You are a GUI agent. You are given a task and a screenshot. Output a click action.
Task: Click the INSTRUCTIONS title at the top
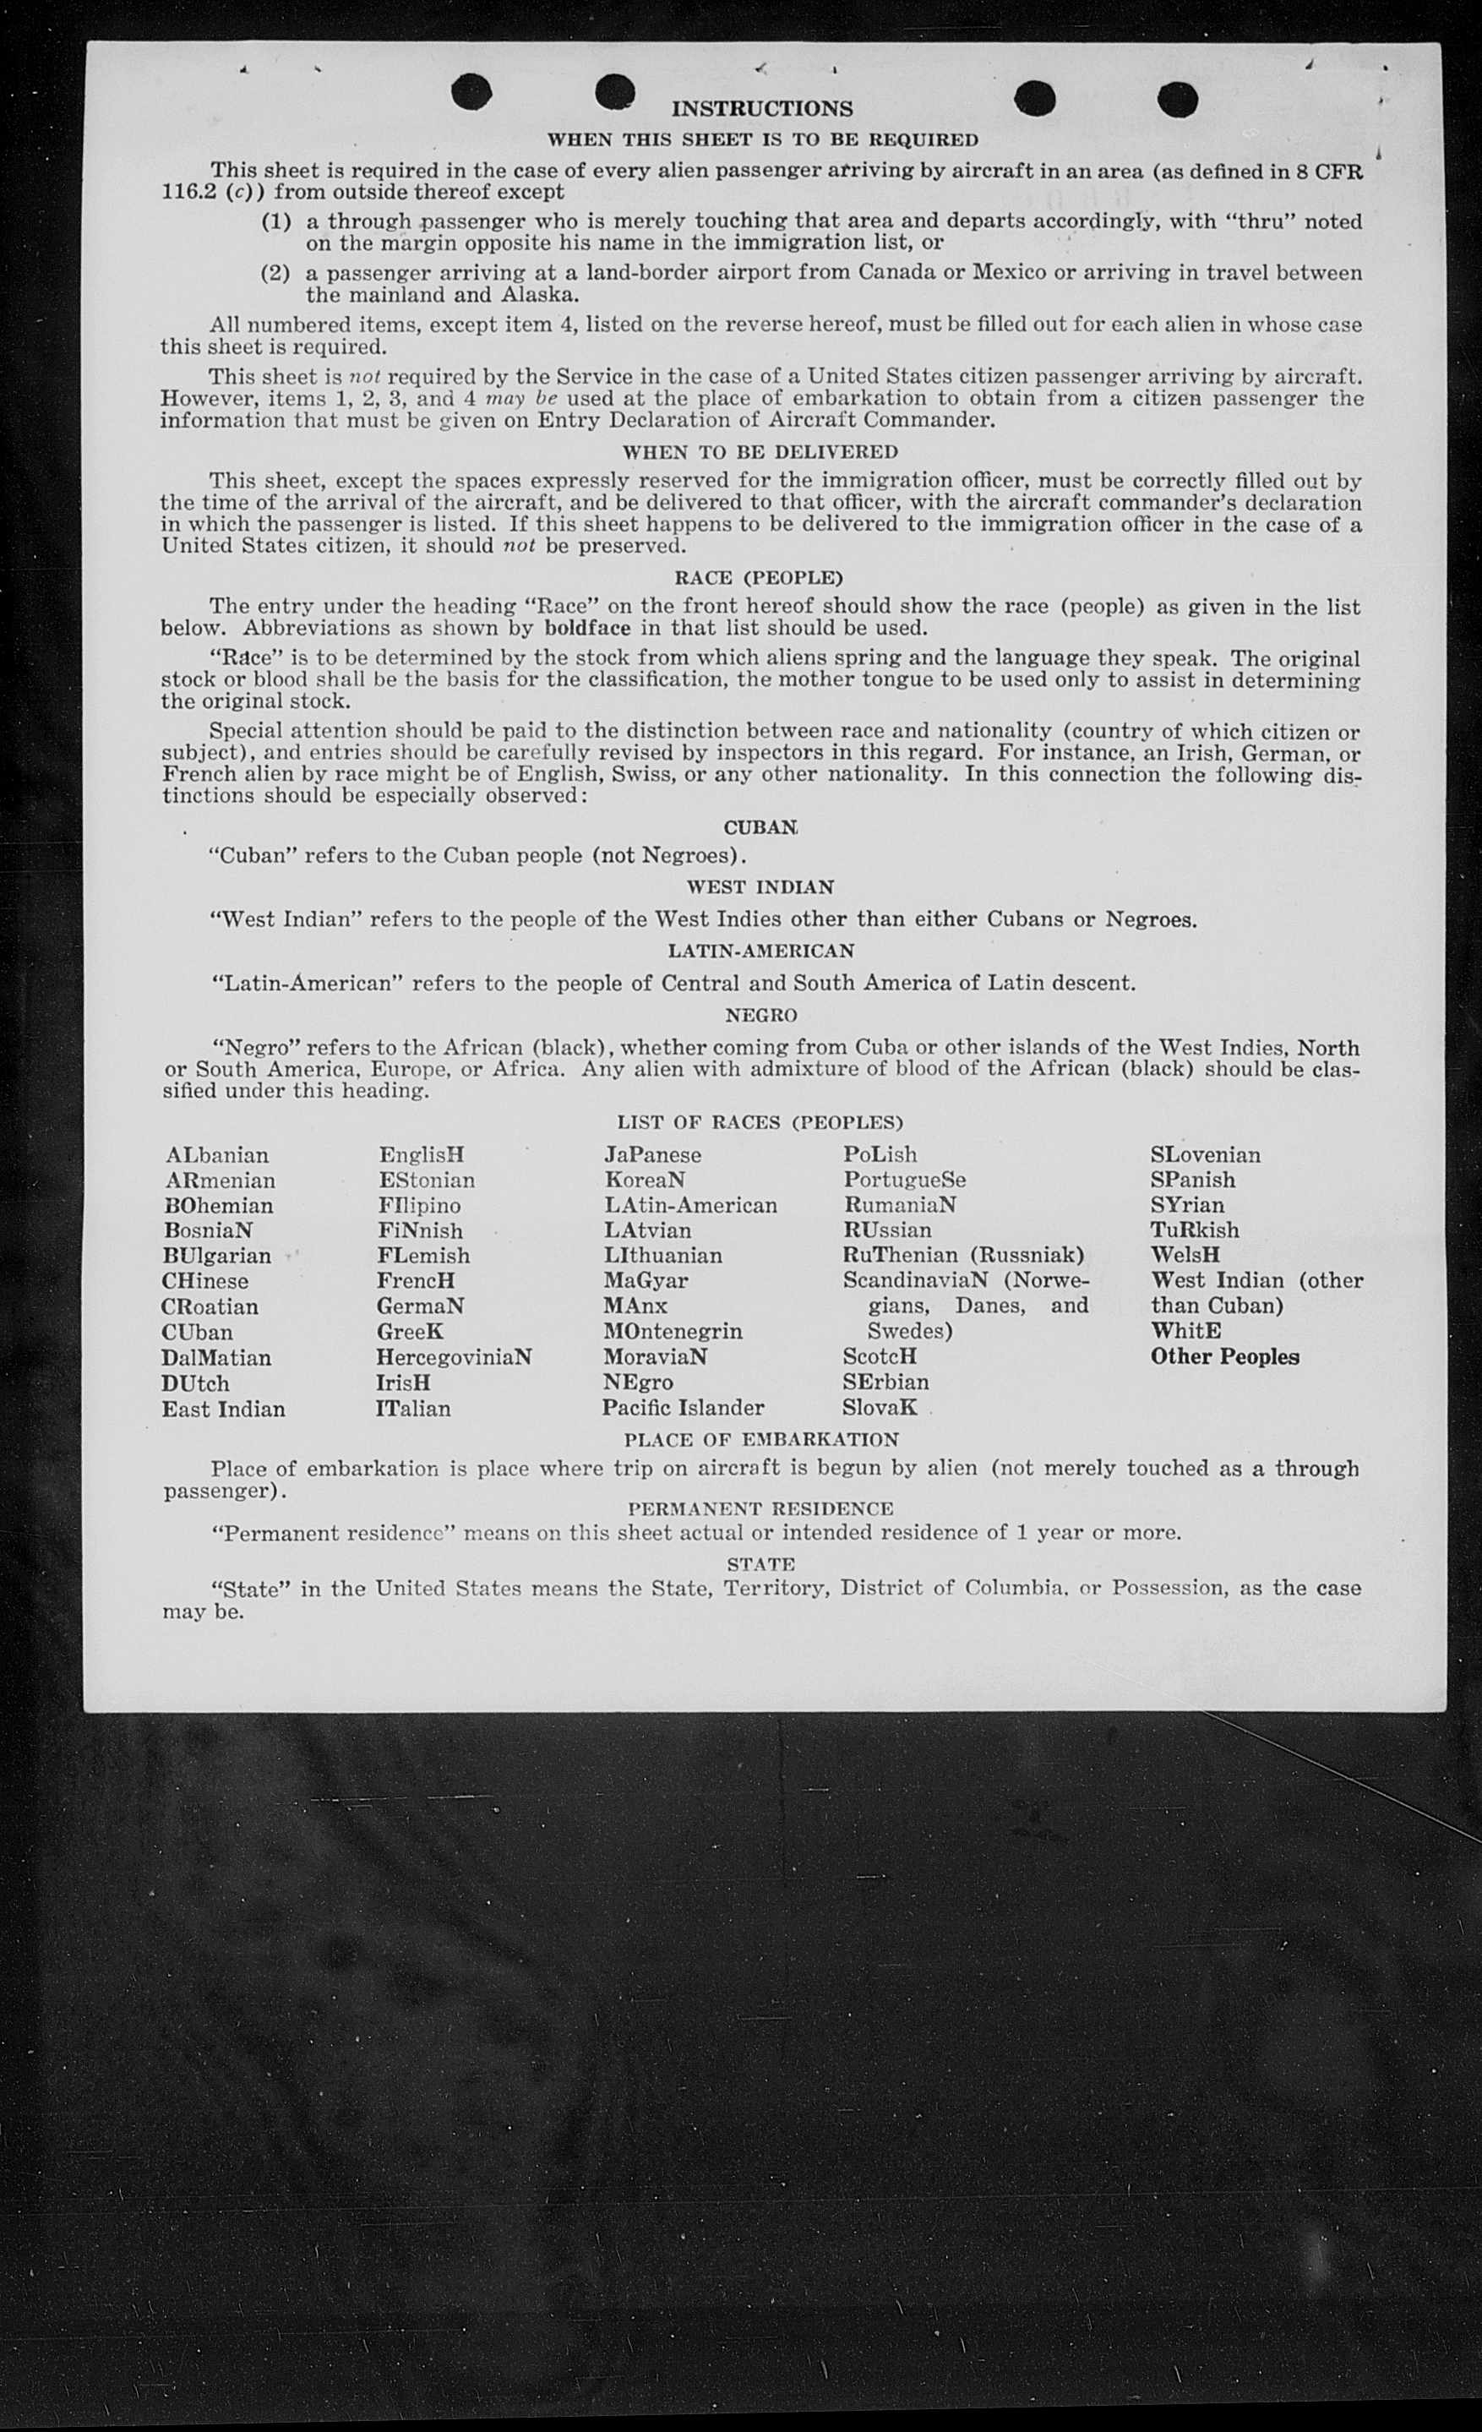click(762, 108)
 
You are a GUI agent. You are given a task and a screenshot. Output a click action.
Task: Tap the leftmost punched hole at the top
click(471, 92)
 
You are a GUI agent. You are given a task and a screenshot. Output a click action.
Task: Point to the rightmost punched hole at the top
click(1178, 99)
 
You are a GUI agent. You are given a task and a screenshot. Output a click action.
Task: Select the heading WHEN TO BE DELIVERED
click(760, 452)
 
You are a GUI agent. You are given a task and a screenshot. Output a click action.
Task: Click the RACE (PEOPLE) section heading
click(759, 577)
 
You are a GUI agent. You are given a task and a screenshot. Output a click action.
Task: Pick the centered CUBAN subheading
click(760, 827)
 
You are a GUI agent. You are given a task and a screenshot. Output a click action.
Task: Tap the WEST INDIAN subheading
click(760, 886)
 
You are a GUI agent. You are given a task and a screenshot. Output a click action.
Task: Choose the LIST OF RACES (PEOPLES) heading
click(760, 1122)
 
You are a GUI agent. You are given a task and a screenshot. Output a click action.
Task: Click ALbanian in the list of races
click(217, 1155)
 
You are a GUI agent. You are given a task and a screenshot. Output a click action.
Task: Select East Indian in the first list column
click(223, 1409)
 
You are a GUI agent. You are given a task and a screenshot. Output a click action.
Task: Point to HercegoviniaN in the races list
click(454, 1357)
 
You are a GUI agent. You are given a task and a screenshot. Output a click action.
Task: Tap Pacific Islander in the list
click(684, 1408)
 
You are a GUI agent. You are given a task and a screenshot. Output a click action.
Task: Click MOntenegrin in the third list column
click(673, 1332)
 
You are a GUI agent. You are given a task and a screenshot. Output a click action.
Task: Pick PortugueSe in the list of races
click(904, 1180)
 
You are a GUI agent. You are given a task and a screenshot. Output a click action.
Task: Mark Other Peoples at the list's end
click(1224, 1356)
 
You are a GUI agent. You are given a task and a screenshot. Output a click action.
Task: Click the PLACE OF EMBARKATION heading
click(760, 1440)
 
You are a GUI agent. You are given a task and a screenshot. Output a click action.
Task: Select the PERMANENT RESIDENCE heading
click(760, 1508)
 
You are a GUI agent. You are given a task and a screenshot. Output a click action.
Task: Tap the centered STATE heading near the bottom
click(760, 1563)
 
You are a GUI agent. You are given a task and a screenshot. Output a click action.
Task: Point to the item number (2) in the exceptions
click(275, 272)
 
